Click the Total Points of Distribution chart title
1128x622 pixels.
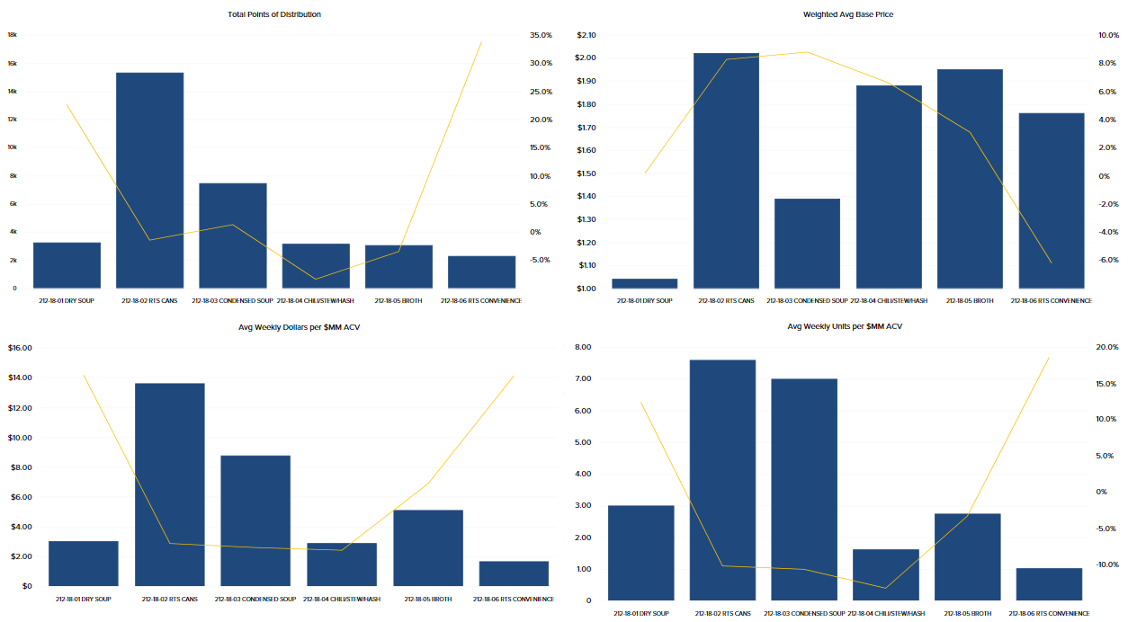(275, 14)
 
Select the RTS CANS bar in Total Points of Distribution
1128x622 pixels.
(149, 180)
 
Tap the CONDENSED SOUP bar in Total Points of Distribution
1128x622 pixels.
(233, 235)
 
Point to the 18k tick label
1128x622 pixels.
(13, 35)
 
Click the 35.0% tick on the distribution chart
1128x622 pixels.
(541, 35)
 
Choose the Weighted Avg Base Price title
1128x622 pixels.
(847, 14)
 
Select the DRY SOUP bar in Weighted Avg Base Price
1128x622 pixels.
(644, 283)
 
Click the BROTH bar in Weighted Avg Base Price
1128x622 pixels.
(970, 178)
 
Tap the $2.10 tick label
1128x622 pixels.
(586, 35)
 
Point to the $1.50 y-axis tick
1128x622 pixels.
(586, 173)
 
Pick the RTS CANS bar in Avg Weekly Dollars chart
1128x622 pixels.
(169, 484)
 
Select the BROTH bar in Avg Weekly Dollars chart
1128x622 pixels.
(428, 547)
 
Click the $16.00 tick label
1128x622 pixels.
(20, 348)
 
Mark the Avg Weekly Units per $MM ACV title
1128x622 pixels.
(844, 326)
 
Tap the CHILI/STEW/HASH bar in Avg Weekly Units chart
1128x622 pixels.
(886, 574)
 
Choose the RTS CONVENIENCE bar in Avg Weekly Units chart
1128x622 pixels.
(1049, 583)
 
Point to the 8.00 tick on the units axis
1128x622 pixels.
(583, 347)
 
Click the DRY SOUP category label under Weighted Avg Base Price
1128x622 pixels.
(644, 300)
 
